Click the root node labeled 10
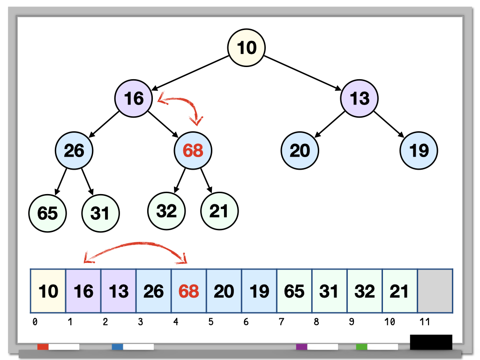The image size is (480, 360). click(x=246, y=47)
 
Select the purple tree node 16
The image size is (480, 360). click(x=134, y=98)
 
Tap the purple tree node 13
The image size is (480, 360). click(x=359, y=98)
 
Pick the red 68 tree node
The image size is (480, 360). click(x=193, y=150)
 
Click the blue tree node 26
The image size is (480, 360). click(x=74, y=150)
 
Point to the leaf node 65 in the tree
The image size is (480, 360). click(x=47, y=213)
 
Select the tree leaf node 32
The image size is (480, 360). click(x=166, y=211)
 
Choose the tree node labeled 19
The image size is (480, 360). click(x=419, y=150)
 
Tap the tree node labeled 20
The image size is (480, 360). click(x=300, y=150)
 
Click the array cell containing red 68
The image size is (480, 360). click(x=188, y=291)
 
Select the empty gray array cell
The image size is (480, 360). click(x=435, y=291)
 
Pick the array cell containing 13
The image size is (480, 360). click(x=118, y=291)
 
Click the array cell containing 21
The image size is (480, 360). click(x=400, y=291)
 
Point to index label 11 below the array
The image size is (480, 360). click(x=424, y=322)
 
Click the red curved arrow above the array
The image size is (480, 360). click(x=136, y=245)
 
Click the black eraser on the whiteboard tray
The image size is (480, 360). click(x=431, y=342)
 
